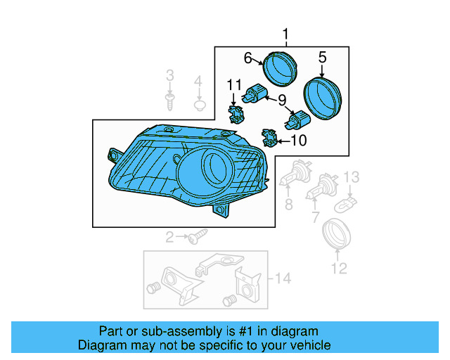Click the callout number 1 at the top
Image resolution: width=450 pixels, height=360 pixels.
[x=286, y=34]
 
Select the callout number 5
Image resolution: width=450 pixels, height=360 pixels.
[x=323, y=57]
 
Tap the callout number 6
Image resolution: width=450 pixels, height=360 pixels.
[x=248, y=57]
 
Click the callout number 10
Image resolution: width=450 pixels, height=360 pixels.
[x=299, y=141]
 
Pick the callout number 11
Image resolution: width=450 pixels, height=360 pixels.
[x=233, y=86]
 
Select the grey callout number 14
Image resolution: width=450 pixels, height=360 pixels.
[x=282, y=279]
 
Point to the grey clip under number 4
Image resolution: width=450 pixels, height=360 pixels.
[x=199, y=106]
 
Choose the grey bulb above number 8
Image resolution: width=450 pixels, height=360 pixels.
[x=290, y=174]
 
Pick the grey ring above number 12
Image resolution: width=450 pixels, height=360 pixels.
[x=337, y=233]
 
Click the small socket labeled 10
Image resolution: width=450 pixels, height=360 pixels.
[x=268, y=136]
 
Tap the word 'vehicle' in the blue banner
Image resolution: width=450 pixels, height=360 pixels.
[x=308, y=345]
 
